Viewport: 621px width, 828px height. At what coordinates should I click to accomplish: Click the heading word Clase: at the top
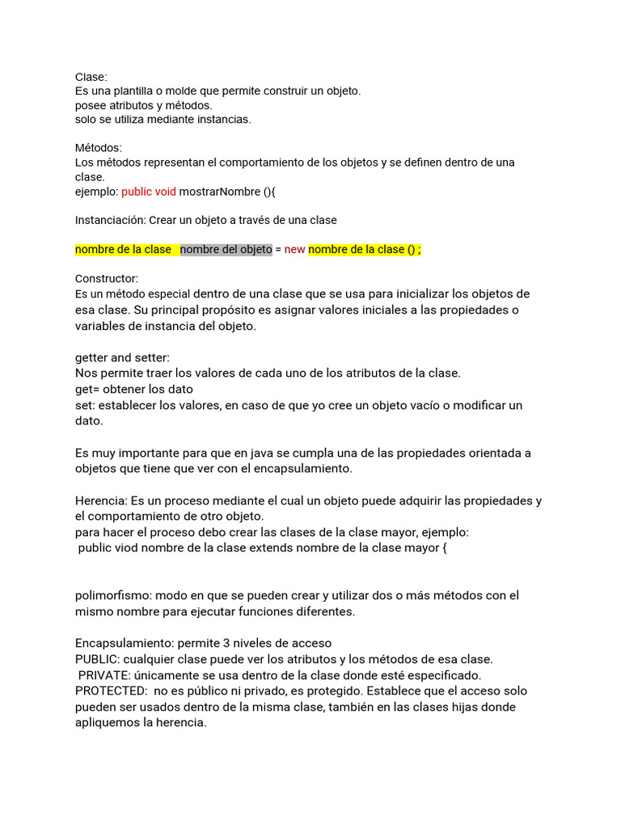(x=91, y=77)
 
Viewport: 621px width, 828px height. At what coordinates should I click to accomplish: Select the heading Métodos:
(x=99, y=148)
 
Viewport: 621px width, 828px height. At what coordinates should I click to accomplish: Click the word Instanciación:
(x=110, y=220)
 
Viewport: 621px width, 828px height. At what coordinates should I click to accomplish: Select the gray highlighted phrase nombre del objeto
(x=226, y=249)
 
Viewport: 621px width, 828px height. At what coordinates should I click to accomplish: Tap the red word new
(x=294, y=249)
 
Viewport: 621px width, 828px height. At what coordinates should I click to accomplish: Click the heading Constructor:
(x=107, y=278)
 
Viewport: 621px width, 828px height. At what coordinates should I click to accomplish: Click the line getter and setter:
(x=122, y=357)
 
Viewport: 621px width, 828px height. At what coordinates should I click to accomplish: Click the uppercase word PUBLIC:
(x=97, y=659)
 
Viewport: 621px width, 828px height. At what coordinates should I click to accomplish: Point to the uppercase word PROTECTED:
(x=112, y=691)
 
